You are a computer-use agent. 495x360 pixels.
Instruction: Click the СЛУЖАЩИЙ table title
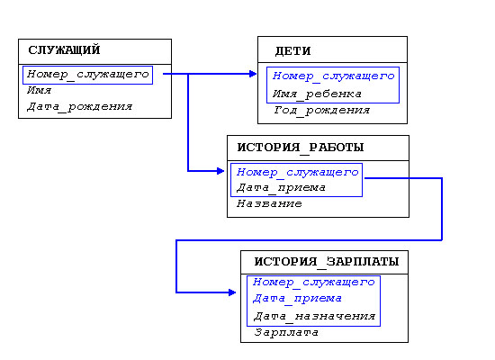pos(64,49)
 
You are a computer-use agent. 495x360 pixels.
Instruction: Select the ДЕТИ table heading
pos(293,50)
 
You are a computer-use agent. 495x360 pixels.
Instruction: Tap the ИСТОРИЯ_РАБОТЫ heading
pos(301,148)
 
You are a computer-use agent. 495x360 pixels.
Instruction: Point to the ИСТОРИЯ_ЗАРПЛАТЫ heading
pos(327,262)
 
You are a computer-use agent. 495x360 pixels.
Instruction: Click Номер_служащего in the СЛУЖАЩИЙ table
pos(88,75)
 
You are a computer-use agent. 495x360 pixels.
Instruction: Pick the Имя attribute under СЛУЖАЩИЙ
pos(39,90)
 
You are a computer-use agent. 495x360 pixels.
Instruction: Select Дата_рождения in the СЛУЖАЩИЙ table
pos(79,107)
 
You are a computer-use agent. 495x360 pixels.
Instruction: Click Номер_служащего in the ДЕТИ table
pos(334,76)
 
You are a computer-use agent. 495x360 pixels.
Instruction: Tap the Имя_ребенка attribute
pos(317,94)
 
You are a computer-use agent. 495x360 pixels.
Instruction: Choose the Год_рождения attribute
pos(321,110)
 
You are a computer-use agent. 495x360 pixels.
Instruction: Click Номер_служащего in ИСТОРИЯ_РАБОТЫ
pos(298,172)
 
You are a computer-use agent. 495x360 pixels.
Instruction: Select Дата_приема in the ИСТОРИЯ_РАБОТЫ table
pos(281,188)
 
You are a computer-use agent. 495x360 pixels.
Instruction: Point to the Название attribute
pos(269,203)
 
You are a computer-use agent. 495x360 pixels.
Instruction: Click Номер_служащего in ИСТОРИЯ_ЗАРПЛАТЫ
pos(314,282)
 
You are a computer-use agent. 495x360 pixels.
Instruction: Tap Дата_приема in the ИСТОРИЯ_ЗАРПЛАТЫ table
pos(297,299)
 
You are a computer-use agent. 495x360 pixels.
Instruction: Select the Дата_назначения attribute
pos(315,316)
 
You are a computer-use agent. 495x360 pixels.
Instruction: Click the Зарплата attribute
pos(286,332)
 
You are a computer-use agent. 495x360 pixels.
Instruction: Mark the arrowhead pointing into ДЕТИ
pos(253,74)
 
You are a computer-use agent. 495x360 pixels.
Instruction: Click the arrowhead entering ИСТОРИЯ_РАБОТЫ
pos(220,171)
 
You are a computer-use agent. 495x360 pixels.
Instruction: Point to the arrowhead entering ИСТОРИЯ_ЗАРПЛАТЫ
pos(232,292)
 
